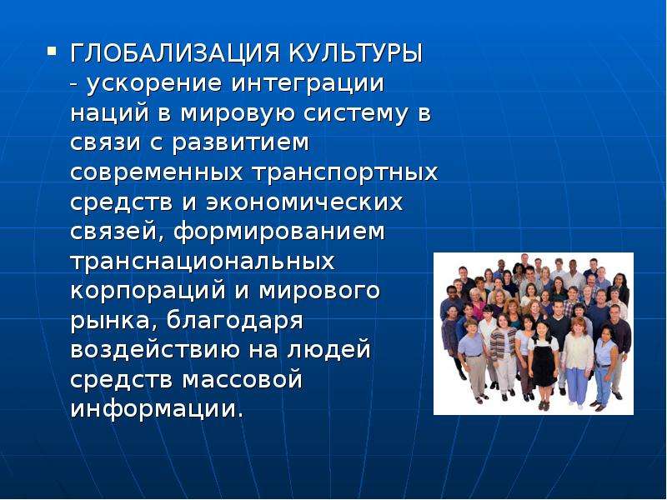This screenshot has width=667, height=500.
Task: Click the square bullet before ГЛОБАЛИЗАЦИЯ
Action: pos(52,52)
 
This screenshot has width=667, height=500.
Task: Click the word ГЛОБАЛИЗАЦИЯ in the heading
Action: pos(175,53)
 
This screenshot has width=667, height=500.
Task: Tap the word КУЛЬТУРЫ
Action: pos(356,53)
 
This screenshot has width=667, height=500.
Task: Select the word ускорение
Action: pos(154,84)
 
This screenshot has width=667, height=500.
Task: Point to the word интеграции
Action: pos(308,84)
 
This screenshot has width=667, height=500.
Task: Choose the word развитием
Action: pos(241,143)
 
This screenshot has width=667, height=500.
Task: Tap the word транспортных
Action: pos(345,173)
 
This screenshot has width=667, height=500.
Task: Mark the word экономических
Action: pos(304,202)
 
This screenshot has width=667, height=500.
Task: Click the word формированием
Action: pos(279,232)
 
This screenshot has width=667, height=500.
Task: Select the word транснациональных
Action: pos(203,262)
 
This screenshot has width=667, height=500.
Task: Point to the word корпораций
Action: pos(148,292)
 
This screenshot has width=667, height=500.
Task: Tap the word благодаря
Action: pos(234,322)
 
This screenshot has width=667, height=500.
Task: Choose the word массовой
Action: pos(243,381)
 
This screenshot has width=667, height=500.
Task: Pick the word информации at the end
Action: pos(157,410)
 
